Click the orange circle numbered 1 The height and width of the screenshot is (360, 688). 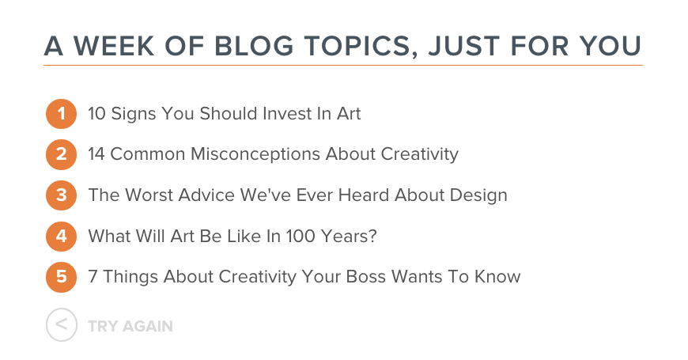click(x=62, y=114)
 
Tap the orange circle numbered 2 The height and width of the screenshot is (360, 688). click(x=62, y=154)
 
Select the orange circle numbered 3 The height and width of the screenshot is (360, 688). click(x=62, y=195)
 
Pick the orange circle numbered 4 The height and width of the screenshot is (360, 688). click(x=62, y=237)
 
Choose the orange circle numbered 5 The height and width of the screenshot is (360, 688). click(x=62, y=277)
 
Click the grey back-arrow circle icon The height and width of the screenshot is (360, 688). click(x=62, y=325)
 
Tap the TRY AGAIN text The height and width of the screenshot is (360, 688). click(x=130, y=326)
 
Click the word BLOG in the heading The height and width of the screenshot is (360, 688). click(x=254, y=46)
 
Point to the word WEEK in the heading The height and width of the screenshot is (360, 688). click(x=114, y=46)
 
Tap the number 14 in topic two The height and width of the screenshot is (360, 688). click(x=96, y=154)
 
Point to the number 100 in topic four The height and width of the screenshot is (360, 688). click(x=301, y=237)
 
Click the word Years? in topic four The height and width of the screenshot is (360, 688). click(x=349, y=237)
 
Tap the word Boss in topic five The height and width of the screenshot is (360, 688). click(x=366, y=277)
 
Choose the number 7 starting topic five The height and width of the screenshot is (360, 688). click(x=93, y=277)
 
